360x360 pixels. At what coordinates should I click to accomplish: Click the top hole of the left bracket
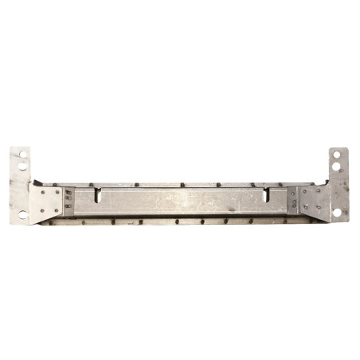(x=23, y=155)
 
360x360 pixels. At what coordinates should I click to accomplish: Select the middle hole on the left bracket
(x=22, y=166)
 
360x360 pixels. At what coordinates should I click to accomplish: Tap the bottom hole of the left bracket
(x=23, y=214)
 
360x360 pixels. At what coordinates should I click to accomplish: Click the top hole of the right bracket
(x=337, y=155)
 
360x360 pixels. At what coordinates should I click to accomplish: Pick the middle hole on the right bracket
(x=336, y=166)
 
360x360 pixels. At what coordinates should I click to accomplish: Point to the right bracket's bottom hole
(x=337, y=212)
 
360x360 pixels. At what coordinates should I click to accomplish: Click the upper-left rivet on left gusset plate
(x=43, y=192)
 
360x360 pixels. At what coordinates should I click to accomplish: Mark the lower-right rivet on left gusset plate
(x=57, y=210)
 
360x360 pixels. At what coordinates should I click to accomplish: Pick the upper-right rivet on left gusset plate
(x=57, y=192)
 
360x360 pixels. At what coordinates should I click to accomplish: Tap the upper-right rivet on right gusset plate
(x=319, y=190)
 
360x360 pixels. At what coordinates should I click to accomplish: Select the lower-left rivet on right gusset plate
(x=306, y=207)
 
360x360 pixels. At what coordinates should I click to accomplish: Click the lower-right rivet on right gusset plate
(x=319, y=207)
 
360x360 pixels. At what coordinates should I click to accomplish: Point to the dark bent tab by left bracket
(x=37, y=182)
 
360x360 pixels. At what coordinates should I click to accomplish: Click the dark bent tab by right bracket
(x=327, y=182)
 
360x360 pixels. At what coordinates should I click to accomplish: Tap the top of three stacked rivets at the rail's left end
(x=68, y=191)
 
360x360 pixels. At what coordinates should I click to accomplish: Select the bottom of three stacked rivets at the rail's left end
(x=68, y=206)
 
